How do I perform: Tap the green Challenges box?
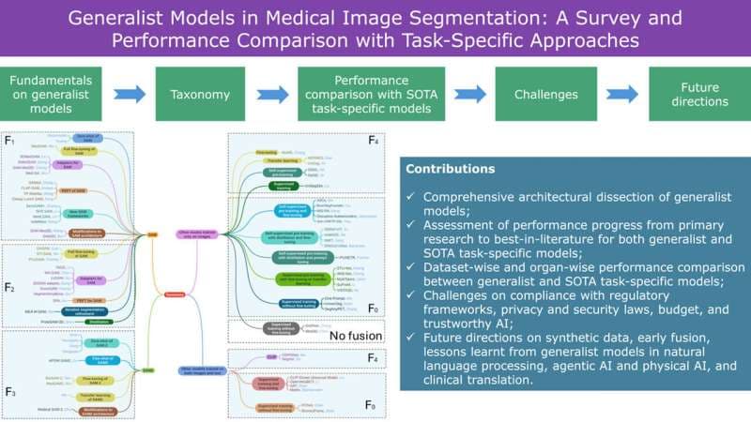click(x=544, y=95)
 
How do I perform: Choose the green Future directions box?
click(x=693, y=95)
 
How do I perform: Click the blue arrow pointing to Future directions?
click(x=621, y=95)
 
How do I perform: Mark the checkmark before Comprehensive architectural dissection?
click(x=411, y=198)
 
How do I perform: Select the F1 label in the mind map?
click(x=11, y=143)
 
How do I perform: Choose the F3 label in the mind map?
click(x=11, y=340)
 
